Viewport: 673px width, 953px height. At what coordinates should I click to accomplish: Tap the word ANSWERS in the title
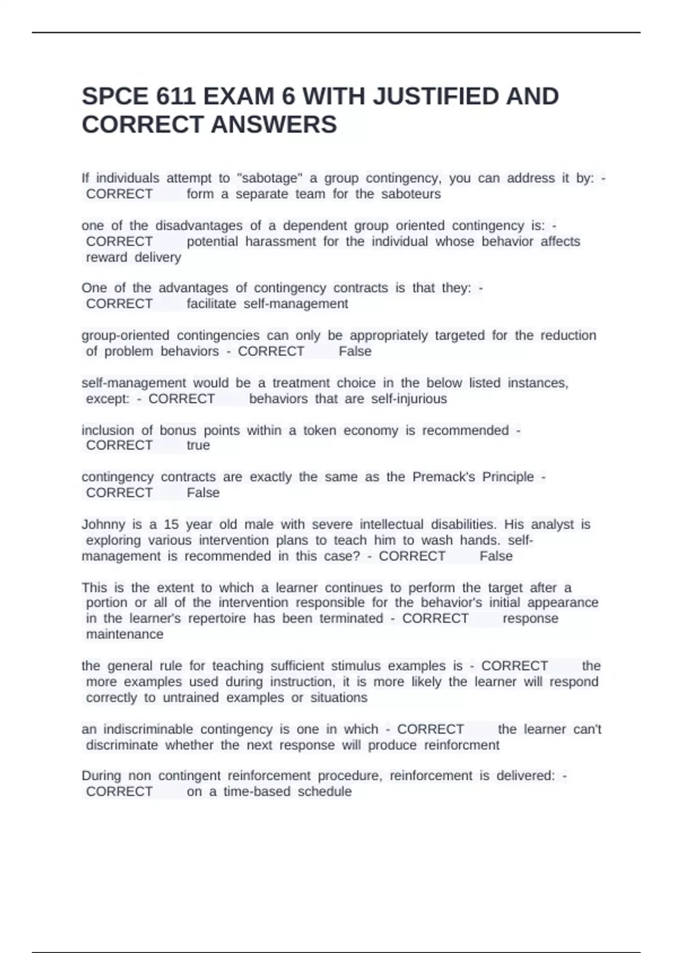pyautogui.click(x=273, y=124)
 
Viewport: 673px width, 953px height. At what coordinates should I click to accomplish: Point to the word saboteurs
pyautogui.click(x=411, y=194)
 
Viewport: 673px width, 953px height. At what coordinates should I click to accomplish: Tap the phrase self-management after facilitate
pyautogui.click(x=296, y=304)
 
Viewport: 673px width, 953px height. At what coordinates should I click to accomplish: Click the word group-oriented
pyautogui.click(x=125, y=335)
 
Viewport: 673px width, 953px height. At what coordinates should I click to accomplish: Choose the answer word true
pyautogui.click(x=198, y=446)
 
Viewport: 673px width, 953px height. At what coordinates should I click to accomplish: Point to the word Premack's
pyautogui.click(x=444, y=477)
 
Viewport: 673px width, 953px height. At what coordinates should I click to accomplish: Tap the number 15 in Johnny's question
pyautogui.click(x=171, y=525)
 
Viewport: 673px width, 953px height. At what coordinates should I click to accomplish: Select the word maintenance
pyautogui.click(x=125, y=635)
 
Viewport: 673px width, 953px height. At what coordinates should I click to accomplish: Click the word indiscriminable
pyautogui.click(x=148, y=729)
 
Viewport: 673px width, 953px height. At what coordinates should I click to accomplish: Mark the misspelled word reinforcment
pyautogui.click(x=461, y=745)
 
